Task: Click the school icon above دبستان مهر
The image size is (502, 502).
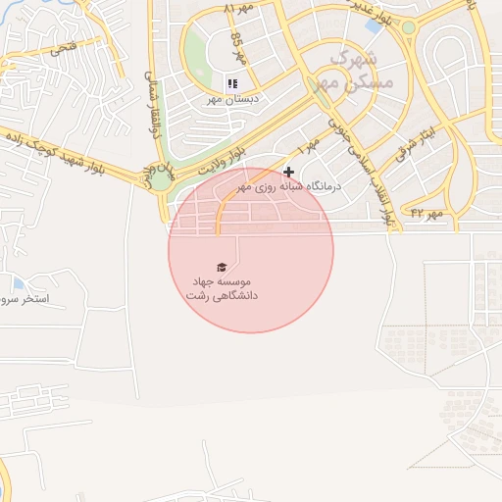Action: [x=232, y=84]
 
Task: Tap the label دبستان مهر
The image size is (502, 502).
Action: [x=228, y=99]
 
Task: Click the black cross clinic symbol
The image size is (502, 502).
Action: [x=288, y=172]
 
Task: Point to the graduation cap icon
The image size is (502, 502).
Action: [x=222, y=267]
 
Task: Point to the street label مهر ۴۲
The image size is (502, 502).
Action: [x=427, y=212]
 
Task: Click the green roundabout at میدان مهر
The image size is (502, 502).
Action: [x=159, y=179]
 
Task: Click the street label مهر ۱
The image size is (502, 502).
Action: [x=309, y=147]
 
